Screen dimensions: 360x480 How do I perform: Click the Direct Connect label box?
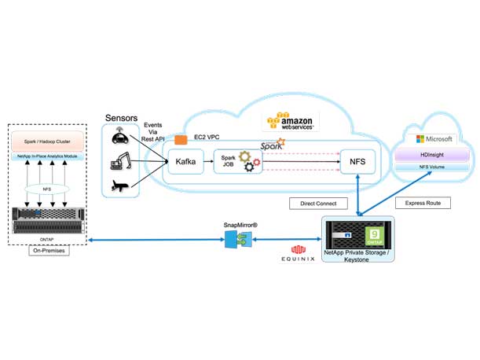tap(318, 204)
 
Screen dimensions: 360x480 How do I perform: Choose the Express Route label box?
tap(422, 203)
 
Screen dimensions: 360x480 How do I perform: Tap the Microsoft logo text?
tap(436, 139)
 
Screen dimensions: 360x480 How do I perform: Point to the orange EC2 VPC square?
tap(180, 139)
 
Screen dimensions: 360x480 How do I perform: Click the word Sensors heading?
tap(122, 117)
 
